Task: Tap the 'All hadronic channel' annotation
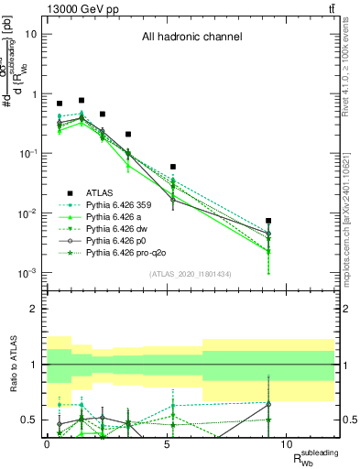[191, 38]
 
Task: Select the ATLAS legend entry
[100, 192]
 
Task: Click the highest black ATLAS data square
[82, 100]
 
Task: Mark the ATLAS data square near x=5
[173, 167]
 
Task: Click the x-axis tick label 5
[167, 443]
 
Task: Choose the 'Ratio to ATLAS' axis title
[12, 365]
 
